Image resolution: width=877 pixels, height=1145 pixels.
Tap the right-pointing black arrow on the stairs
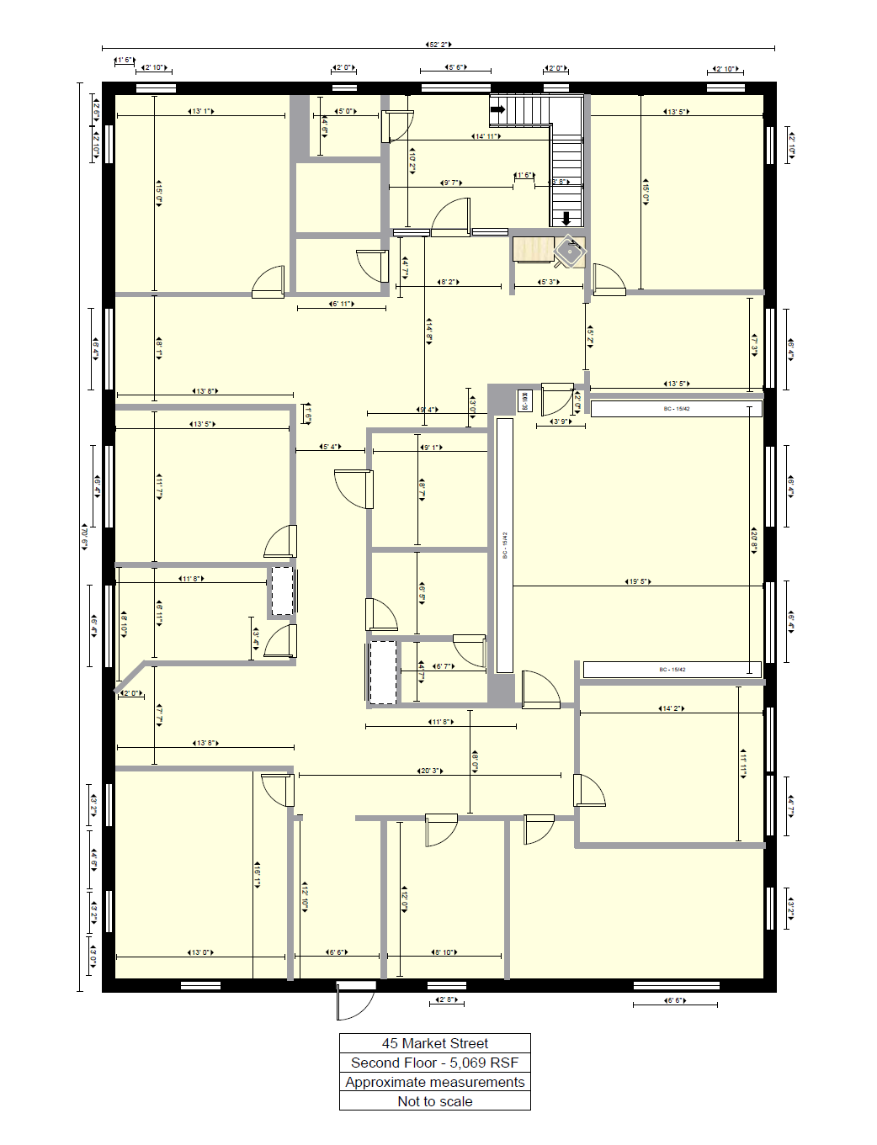click(497, 109)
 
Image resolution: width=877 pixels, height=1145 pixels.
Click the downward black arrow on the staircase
click(566, 218)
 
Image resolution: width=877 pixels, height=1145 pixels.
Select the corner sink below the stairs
click(571, 251)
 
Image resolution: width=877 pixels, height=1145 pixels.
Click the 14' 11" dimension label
click(486, 136)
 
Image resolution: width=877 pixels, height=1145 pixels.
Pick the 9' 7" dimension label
click(451, 183)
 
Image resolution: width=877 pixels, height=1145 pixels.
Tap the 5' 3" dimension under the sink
click(548, 282)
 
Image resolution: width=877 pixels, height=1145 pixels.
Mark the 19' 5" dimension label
click(638, 581)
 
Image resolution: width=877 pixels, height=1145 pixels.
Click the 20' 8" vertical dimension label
click(754, 539)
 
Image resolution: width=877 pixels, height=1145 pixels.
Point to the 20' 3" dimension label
click(430, 771)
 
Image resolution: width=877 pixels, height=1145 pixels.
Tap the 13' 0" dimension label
click(200, 952)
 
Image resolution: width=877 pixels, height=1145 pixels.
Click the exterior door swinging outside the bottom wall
click(354, 1001)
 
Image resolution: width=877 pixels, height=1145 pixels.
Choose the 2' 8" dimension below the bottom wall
click(446, 1000)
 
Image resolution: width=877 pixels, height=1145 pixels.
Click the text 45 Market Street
click(434, 1043)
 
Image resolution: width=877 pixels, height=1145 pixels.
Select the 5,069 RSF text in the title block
click(483, 1063)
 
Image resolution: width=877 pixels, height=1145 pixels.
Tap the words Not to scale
click(434, 1101)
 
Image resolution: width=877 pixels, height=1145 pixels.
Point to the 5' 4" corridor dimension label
click(331, 447)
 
